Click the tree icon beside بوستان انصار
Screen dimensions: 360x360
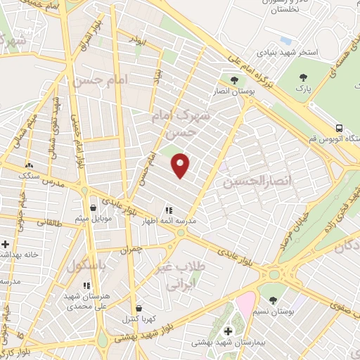point(234,80)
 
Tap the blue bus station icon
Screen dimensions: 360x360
point(340,128)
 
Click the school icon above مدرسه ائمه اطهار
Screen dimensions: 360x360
point(168,210)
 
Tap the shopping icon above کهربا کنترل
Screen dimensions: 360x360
point(138,307)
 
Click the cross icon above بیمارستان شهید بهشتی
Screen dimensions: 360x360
point(227,331)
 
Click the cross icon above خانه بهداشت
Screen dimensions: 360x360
point(5,244)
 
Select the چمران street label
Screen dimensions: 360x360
point(131,249)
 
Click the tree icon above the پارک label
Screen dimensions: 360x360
point(303,77)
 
